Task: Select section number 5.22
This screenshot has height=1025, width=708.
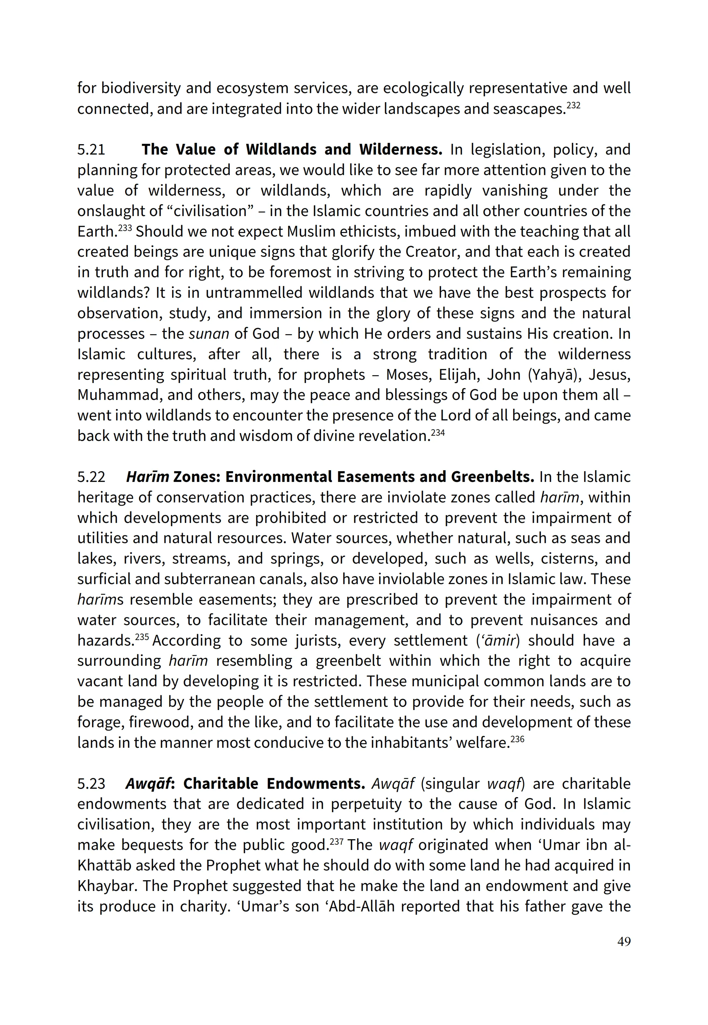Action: coord(91,477)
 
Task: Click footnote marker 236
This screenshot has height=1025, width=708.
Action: coord(517,739)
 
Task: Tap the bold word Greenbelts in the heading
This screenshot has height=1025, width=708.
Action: coord(493,477)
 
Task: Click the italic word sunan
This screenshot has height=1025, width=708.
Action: coord(209,334)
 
